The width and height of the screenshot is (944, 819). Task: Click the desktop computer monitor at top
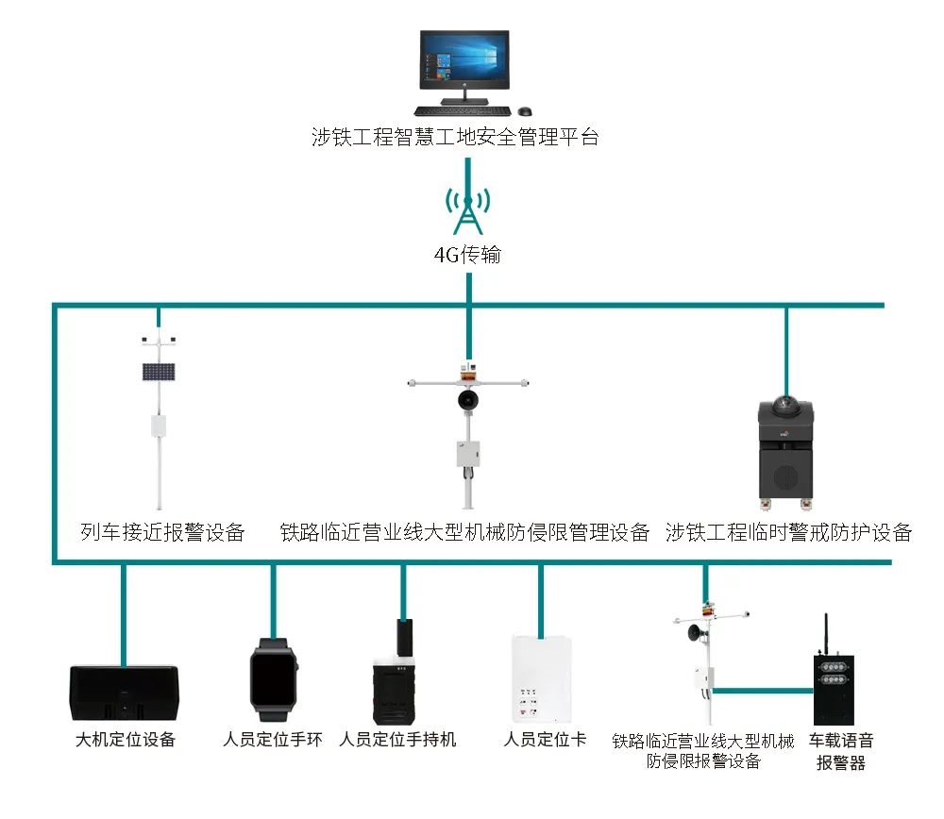(464, 58)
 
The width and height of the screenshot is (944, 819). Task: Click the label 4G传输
(466, 255)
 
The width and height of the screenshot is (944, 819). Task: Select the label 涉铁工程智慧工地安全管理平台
(455, 137)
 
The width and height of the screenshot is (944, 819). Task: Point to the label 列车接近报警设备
(162, 532)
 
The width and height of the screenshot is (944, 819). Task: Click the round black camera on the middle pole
(465, 400)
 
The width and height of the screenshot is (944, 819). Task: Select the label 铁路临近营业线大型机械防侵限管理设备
(464, 532)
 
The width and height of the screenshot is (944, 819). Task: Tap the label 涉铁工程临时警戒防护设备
(788, 532)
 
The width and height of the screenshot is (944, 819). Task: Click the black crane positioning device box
(124, 692)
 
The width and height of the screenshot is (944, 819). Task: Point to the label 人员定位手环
(273, 740)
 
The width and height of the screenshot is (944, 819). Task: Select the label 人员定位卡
(545, 740)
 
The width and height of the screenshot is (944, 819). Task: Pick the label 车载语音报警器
(840, 751)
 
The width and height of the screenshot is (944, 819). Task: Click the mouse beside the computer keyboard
(526, 110)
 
